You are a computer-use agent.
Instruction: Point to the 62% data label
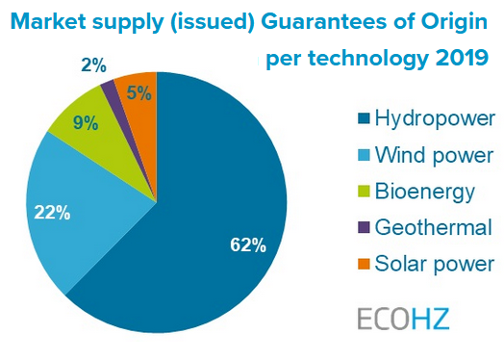click(247, 244)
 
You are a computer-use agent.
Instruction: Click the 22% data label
click(51, 213)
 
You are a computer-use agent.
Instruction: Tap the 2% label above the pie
click(93, 64)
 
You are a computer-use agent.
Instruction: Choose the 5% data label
click(139, 93)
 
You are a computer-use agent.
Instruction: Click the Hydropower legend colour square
click(364, 120)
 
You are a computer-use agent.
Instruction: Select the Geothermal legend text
click(433, 227)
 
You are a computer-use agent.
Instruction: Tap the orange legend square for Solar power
click(364, 264)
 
